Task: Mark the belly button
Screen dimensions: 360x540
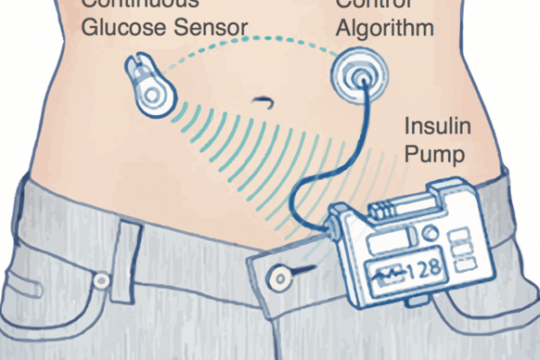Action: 263,99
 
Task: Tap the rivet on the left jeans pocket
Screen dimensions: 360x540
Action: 101,281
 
